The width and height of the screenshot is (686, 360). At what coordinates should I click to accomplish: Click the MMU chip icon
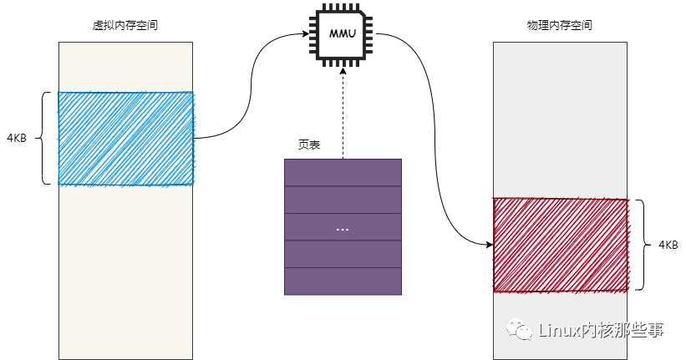(x=343, y=34)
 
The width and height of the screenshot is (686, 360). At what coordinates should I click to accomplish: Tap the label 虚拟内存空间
(x=126, y=25)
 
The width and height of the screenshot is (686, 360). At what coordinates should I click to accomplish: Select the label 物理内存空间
(x=560, y=25)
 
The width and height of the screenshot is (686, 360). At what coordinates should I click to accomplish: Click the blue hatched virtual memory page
(x=125, y=138)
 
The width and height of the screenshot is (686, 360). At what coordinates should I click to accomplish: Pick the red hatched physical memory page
(x=560, y=245)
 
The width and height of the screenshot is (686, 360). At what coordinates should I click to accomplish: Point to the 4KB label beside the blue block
(x=17, y=138)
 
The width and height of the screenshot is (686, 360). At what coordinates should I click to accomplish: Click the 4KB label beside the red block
(x=668, y=245)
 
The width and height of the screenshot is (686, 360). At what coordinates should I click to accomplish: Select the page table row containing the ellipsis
(x=343, y=227)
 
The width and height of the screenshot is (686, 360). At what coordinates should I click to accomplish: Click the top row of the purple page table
(x=343, y=172)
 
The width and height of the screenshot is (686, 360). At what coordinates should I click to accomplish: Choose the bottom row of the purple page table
(x=343, y=281)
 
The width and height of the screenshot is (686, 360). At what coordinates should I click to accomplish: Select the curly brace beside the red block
(x=641, y=245)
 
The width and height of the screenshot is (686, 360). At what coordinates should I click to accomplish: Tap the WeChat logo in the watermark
(x=521, y=331)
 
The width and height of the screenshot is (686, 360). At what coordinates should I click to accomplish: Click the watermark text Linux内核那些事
(x=602, y=331)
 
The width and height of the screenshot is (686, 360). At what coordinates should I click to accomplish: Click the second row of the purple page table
(x=343, y=200)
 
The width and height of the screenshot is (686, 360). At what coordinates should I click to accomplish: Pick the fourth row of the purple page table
(x=343, y=254)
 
